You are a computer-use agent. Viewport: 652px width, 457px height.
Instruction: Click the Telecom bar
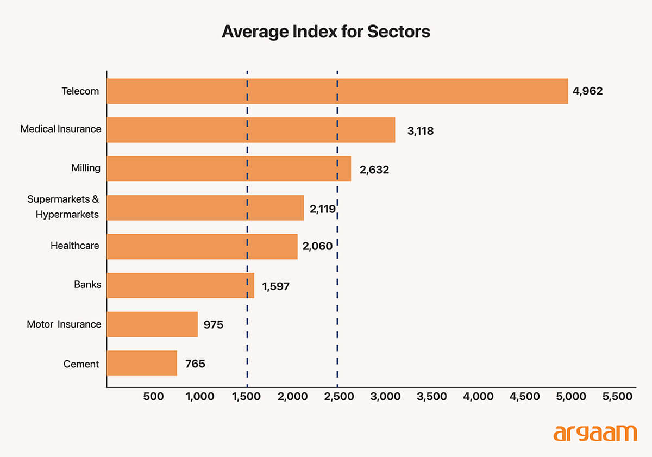point(337,91)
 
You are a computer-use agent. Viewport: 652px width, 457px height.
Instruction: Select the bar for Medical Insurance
point(250,130)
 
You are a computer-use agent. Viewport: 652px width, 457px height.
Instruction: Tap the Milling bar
point(229,168)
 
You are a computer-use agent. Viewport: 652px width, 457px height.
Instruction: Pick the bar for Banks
point(180,285)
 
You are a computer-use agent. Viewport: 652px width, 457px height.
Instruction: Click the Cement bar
point(142,363)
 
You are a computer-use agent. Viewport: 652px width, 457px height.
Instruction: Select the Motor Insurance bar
point(152,324)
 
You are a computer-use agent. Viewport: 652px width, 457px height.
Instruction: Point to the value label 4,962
point(587,91)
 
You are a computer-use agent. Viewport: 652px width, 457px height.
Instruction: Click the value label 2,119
point(323,208)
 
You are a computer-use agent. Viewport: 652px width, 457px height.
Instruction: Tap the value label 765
point(195,364)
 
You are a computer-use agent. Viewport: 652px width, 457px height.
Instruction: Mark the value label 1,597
point(275,286)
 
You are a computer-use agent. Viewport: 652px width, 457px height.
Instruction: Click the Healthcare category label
point(75,246)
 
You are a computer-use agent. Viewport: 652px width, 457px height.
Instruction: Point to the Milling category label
point(86,168)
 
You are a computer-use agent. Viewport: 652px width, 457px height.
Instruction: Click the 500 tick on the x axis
point(153,397)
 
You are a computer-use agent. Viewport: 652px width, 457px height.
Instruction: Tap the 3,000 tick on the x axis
point(386,397)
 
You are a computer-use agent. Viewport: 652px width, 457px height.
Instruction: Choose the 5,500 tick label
point(618,397)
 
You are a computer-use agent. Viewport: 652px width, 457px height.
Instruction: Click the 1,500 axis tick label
point(246,397)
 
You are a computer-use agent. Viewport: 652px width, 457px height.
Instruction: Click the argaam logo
point(595,433)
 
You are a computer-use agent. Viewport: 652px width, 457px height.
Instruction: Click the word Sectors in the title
point(398,32)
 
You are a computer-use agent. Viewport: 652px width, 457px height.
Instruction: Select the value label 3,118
point(420,131)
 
